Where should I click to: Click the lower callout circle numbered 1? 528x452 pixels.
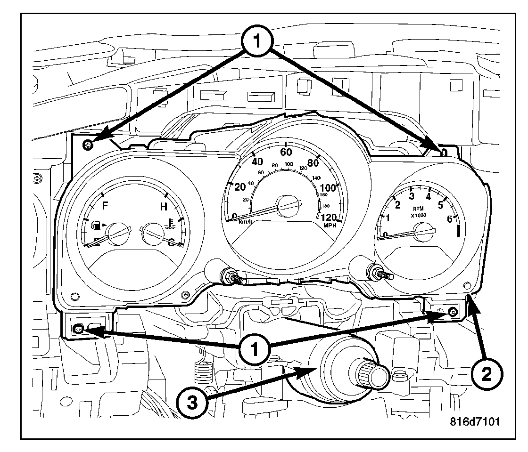click(x=255, y=349)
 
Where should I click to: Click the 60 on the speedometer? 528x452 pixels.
click(x=286, y=152)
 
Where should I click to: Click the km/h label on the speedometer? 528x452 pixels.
click(x=246, y=221)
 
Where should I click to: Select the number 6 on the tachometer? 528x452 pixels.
click(x=449, y=218)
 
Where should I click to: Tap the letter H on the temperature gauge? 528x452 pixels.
click(x=164, y=206)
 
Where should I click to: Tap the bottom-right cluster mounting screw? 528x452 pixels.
click(x=453, y=312)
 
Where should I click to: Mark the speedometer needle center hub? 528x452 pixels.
click(x=286, y=204)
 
